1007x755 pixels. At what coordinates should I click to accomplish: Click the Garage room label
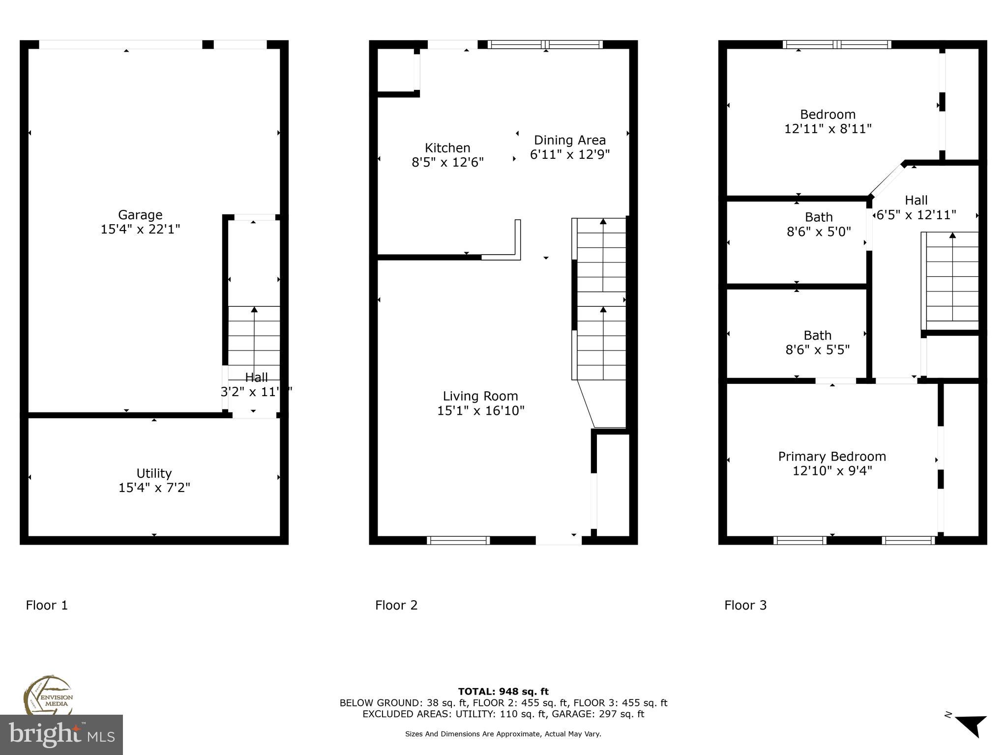pos(140,215)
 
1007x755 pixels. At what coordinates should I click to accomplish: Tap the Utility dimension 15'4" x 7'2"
pos(154,488)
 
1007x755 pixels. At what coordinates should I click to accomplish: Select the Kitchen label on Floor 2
pos(447,147)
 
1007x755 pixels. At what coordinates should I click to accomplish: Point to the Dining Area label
pos(569,140)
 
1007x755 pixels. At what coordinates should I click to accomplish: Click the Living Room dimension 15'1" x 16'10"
pos(480,410)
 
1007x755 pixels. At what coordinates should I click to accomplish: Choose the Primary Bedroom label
pos(832,456)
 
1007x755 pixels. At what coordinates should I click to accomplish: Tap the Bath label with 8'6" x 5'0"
pos(819,217)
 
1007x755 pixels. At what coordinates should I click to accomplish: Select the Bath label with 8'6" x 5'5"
pos(818,335)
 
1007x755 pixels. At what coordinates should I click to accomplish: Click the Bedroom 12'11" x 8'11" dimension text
pos(828,129)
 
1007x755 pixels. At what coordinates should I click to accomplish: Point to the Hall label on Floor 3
pos(916,200)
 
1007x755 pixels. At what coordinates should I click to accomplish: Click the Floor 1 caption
pos(47,605)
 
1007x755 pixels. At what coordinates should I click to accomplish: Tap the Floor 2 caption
pos(396,605)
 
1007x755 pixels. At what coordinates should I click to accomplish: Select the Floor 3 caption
pos(745,605)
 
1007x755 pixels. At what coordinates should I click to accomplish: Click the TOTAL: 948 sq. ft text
pos(503,692)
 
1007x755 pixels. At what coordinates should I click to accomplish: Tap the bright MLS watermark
pos(61,734)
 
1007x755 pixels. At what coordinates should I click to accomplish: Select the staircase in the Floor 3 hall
pos(952,280)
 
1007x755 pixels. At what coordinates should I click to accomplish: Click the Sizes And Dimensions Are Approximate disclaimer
pos(503,734)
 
